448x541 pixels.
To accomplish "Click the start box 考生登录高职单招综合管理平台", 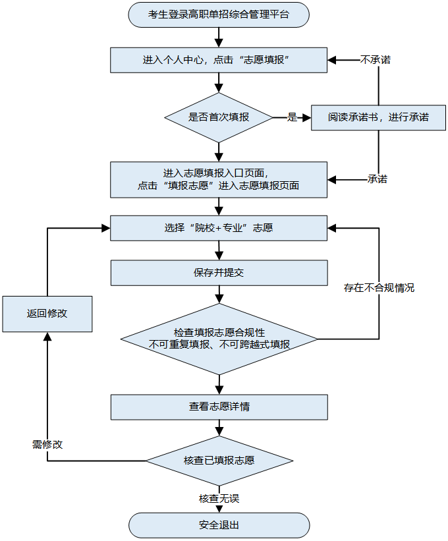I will point(219,14).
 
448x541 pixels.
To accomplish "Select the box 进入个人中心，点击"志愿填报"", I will point(219,60).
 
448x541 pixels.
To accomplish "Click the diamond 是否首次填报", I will point(219,117).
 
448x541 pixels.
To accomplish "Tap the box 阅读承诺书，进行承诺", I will point(378,117).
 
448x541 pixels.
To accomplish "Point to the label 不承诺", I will point(376,60).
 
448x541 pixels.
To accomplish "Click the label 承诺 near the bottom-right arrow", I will point(377,179).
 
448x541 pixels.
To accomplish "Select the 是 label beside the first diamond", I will point(293,117).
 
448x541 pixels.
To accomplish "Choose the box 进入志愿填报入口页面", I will point(219,179).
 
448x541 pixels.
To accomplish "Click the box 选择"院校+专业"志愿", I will point(219,228).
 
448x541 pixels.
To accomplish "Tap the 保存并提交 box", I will point(219,272).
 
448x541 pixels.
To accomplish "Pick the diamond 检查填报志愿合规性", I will point(219,339).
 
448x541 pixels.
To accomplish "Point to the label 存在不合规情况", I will point(379,288).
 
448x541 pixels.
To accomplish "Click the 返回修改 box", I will point(47,314).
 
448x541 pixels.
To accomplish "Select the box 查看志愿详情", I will point(219,407).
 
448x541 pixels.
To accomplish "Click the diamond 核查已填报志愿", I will point(219,460).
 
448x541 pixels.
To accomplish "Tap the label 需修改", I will point(47,444).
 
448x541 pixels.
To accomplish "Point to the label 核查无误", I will point(219,499).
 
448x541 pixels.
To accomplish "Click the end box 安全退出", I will point(219,525).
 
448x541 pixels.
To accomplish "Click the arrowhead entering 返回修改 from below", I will point(47,337).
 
